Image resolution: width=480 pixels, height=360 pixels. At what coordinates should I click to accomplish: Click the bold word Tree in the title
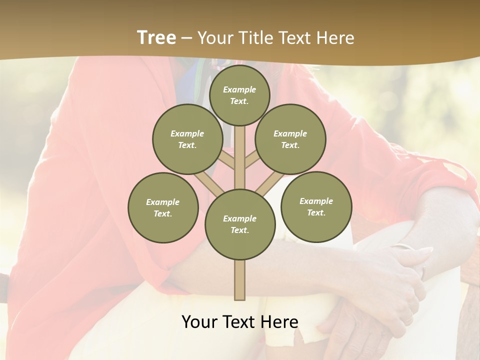(156, 38)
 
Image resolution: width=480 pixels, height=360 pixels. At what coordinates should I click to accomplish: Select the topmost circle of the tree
(239, 95)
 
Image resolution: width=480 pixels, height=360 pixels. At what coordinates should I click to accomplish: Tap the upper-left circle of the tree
(187, 139)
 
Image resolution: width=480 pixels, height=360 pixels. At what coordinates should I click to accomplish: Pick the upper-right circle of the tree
(290, 139)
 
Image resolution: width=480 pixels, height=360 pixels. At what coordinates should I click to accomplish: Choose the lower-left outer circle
(163, 207)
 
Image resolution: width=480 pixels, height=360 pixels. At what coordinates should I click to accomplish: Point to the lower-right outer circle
(316, 206)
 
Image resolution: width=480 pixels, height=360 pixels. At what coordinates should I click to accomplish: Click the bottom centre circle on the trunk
(240, 224)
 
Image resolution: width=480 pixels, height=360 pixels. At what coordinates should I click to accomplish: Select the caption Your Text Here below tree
(240, 322)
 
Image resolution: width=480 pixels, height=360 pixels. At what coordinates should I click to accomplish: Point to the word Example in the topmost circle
(239, 89)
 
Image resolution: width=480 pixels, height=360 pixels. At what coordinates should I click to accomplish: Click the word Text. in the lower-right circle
(316, 212)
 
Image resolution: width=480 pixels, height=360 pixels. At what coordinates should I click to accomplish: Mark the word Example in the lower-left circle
(162, 202)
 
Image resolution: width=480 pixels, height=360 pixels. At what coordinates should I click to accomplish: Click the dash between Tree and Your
(186, 38)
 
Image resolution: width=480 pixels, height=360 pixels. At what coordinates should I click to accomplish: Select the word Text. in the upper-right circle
(290, 145)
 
